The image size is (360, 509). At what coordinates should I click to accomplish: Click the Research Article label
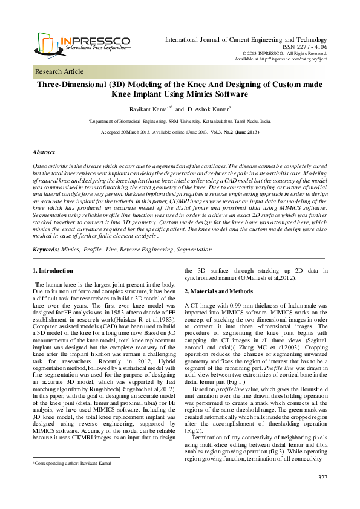coord(59,71)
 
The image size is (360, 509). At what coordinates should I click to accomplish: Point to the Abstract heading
coord(44,152)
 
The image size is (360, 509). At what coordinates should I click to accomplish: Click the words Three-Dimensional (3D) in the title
coord(87,85)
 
